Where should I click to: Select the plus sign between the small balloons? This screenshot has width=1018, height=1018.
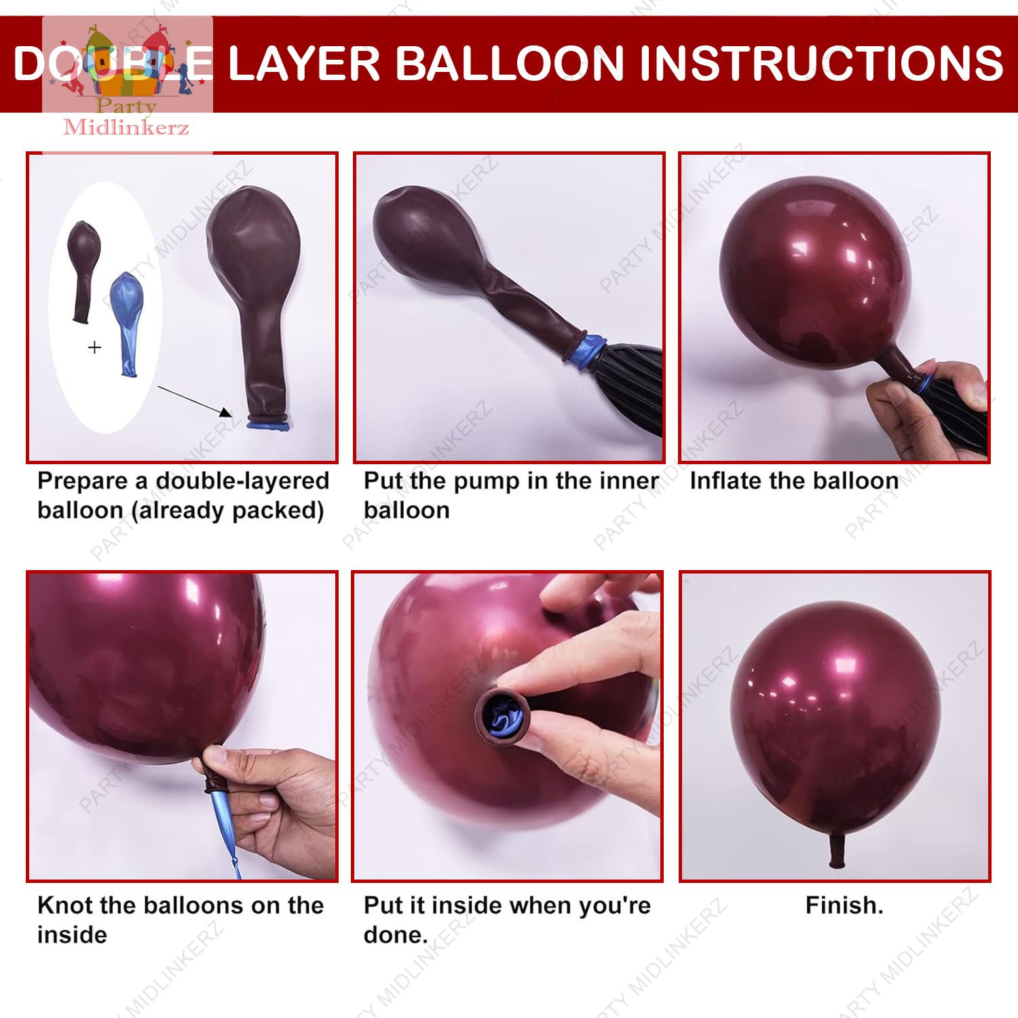pyautogui.click(x=94, y=347)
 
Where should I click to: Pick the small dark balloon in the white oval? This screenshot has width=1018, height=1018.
pyautogui.click(x=83, y=268)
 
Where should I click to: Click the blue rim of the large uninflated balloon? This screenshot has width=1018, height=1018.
pyautogui.click(x=268, y=426)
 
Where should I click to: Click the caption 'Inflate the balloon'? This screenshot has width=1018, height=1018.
pyautogui.click(x=793, y=480)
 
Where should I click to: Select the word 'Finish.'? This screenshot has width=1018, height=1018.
pyautogui.click(x=844, y=905)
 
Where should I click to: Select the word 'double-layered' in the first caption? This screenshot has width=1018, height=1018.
pyautogui.click(x=242, y=480)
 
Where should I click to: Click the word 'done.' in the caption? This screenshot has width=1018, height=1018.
pyautogui.click(x=395, y=935)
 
